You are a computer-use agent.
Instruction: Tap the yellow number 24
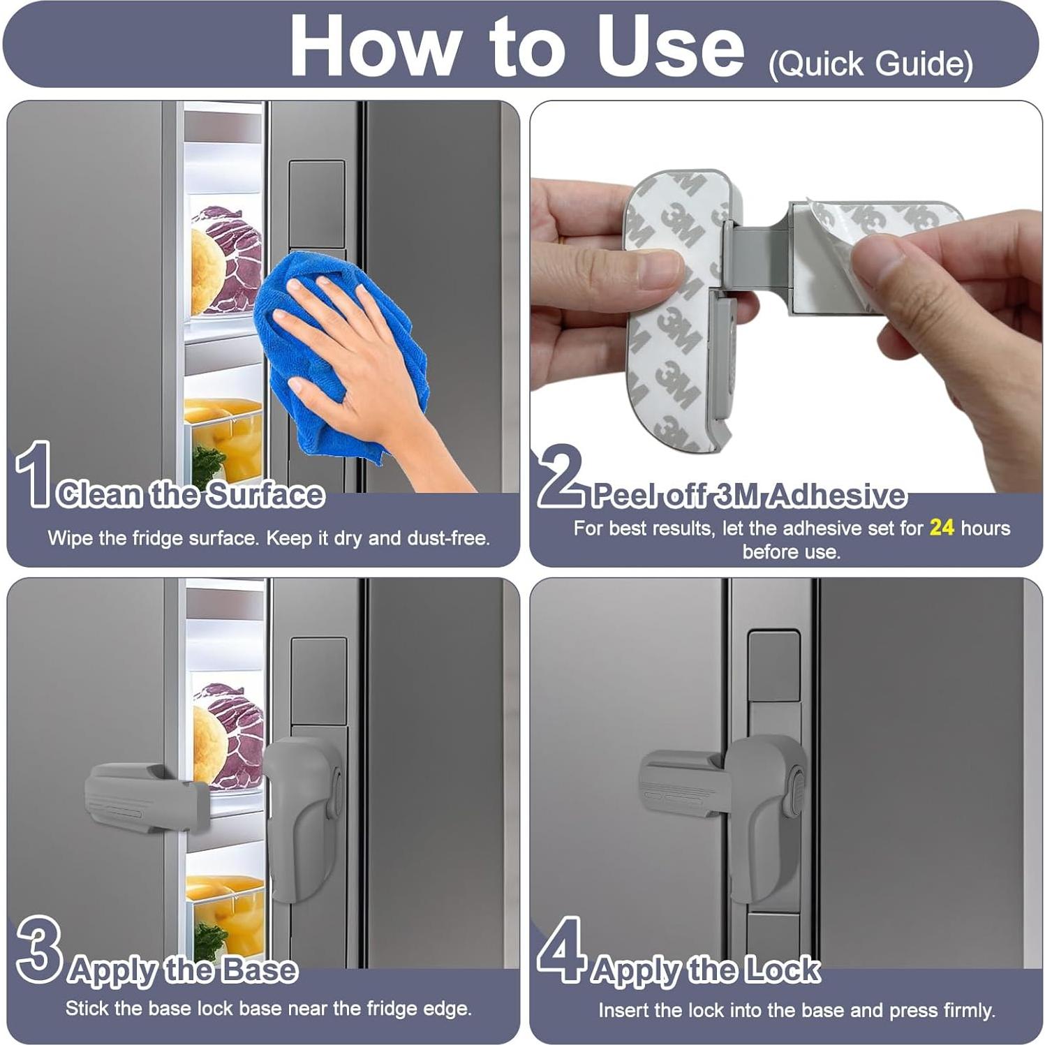tap(941, 528)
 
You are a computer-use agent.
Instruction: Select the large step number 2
tap(561, 476)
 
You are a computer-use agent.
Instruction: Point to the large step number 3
tap(39, 949)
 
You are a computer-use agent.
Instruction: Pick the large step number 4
tap(561, 949)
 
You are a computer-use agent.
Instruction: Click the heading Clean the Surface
tap(191, 494)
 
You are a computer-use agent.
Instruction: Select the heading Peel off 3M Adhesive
tap(748, 495)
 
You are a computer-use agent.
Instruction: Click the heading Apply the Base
tap(183, 970)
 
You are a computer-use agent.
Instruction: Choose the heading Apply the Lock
tap(705, 970)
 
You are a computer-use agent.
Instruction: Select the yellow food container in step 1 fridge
tap(223, 433)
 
